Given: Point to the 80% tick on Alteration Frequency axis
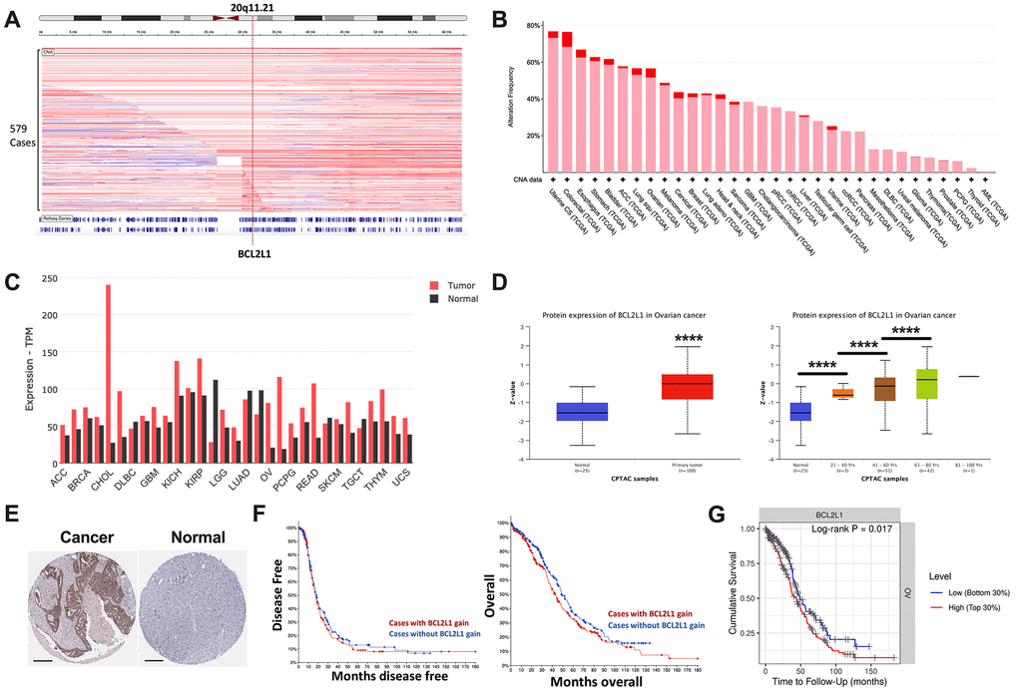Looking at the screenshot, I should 534,25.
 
